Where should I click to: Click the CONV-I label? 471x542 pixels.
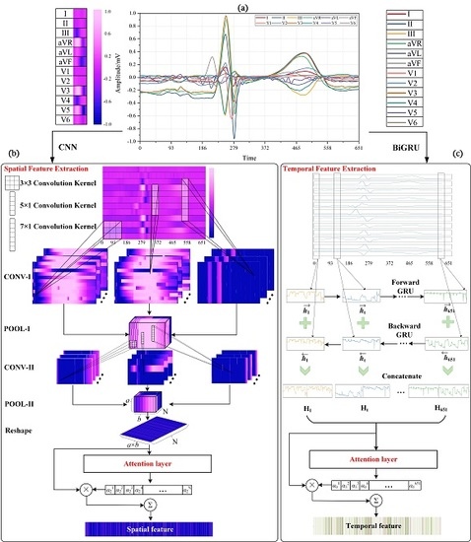point(32,289)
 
